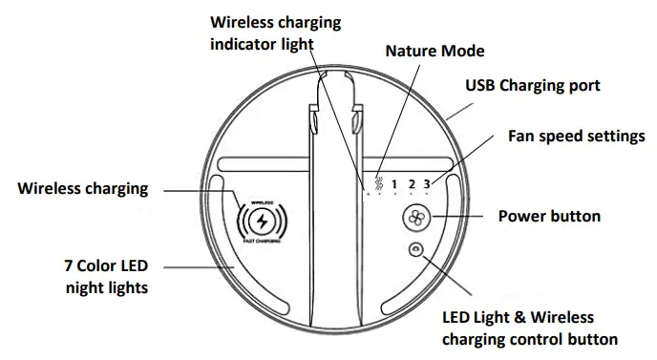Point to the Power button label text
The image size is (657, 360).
coord(549,216)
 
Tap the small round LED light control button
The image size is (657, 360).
coord(415,250)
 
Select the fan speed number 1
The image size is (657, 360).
coord(393,184)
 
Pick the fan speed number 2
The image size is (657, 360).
coord(412,184)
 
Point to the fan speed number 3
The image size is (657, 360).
coord(428,184)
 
